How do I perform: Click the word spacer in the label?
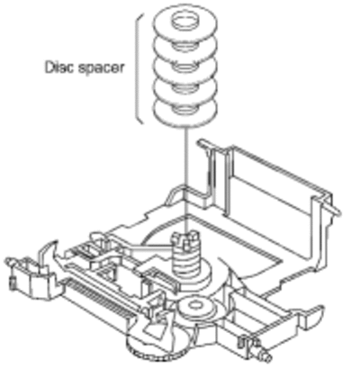click(101, 68)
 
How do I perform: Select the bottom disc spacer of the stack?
click(185, 113)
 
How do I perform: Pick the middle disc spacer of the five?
click(184, 69)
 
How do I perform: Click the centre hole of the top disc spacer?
click(184, 21)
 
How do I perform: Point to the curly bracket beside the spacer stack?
click(139, 68)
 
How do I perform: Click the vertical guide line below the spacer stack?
click(185, 180)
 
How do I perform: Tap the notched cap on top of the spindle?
click(185, 240)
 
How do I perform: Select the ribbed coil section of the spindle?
click(185, 262)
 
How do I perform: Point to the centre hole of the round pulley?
click(195, 305)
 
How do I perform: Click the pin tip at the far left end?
click(10, 260)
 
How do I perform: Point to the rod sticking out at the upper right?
click(334, 209)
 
